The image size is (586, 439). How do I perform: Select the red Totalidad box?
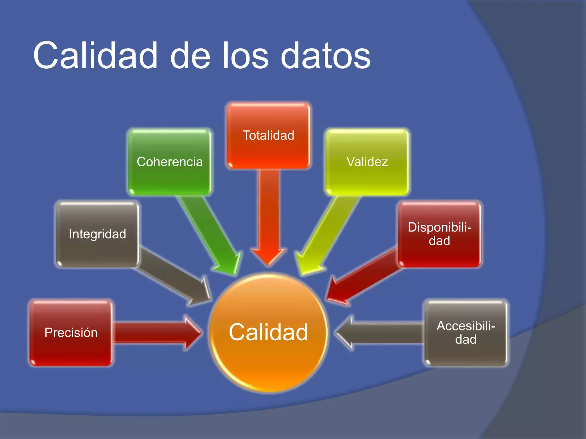[x=268, y=135]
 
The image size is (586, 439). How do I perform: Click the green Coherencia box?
[x=169, y=162]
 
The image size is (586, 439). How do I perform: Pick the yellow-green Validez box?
[x=367, y=162]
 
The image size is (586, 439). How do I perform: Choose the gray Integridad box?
[x=97, y=234]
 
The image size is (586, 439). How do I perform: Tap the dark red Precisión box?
[x=71, y=333]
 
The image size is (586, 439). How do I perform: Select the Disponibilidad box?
[x=439, y=234]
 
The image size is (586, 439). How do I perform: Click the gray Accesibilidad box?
[x=466, y=333]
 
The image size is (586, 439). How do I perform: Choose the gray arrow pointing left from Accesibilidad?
[x=381, y=333]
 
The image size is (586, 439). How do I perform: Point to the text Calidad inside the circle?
[x=268, y=332]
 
